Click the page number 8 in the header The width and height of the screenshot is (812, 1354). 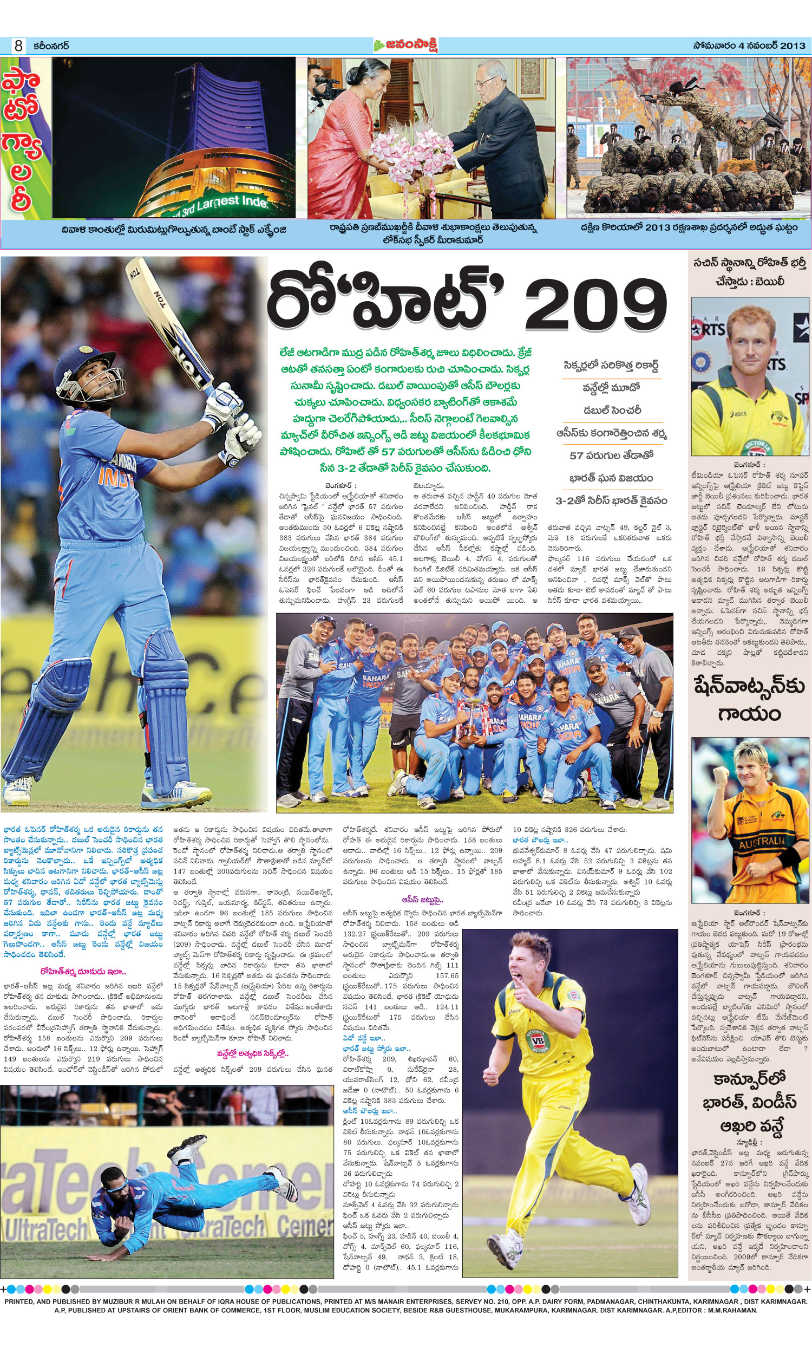[18, 46]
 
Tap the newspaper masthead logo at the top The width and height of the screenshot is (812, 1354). [405, 45]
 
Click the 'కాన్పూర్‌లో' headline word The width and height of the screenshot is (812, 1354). [749, 1078]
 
